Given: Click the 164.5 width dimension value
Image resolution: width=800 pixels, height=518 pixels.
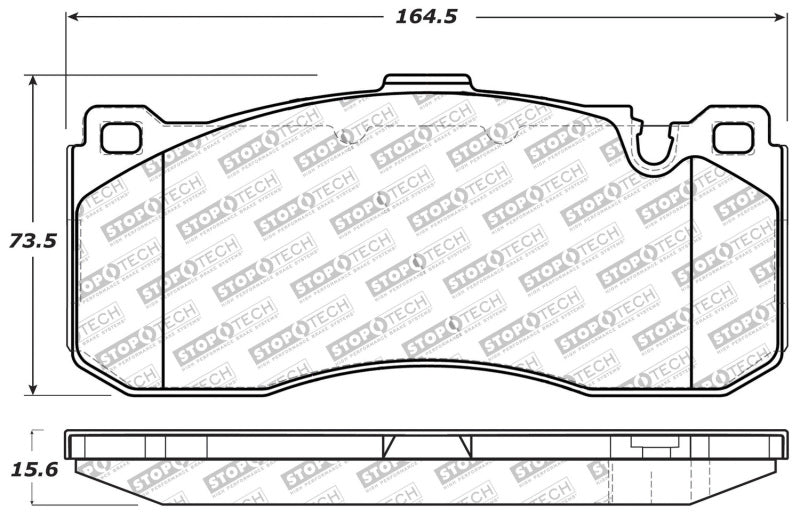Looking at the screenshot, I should (x=421, y=17).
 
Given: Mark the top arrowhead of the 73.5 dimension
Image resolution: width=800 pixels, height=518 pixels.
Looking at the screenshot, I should (x=36, y=81).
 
